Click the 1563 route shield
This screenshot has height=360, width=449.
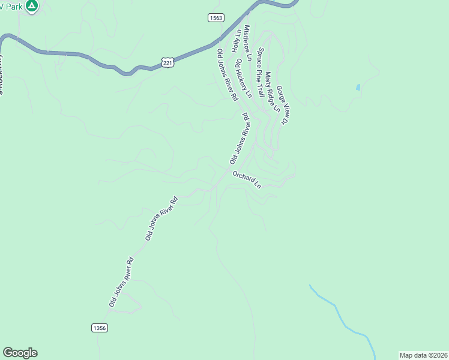tap(216, 18)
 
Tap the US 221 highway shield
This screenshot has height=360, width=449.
tap(167, 62)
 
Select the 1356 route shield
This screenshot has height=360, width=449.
tap(100, 328)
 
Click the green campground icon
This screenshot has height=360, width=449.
tap(32, 6)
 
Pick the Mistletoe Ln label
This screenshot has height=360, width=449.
tap(247, 40)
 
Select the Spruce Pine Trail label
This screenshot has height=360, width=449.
tap(261, 73)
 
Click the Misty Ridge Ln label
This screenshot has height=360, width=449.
tap(272, 92)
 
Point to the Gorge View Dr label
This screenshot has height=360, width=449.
tap(283, 104)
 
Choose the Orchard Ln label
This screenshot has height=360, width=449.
tap(247, 180)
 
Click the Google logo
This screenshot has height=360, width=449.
tap(20, 353)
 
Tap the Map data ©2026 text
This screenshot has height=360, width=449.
tap(423, 355)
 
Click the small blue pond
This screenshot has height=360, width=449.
tap(358, 87)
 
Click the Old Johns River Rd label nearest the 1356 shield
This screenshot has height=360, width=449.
tap(121, 283)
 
